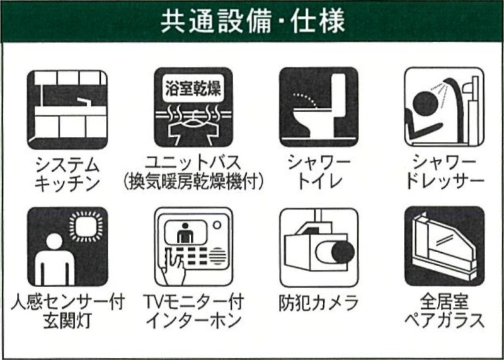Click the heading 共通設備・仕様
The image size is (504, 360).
pyautogui.click(x=253, y=22)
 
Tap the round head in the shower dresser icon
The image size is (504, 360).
pyautogui.click(x=424, y=103)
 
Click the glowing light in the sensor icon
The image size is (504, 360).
pyautogui.click(x=86, y=226)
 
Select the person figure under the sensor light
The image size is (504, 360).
pyautogui.click(x=54, y=258)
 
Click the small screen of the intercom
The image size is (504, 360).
pyautogui.click(x=185, y=232)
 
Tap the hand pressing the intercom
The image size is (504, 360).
pyautogui.click(x=174, y=268)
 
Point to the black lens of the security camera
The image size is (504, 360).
pyautogui.click(x=343, y=252)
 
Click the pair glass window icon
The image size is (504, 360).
pyautogui.click(x=444, y=247)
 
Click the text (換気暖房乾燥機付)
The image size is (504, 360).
pyautogui.click(x=193, y=183)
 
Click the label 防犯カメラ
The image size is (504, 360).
pyautogui.click(x=319, y=303)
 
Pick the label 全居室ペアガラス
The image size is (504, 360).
pyautogui.click(x=445, y=311)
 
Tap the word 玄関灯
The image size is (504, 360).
pyautogui.click(x=67, y=320)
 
